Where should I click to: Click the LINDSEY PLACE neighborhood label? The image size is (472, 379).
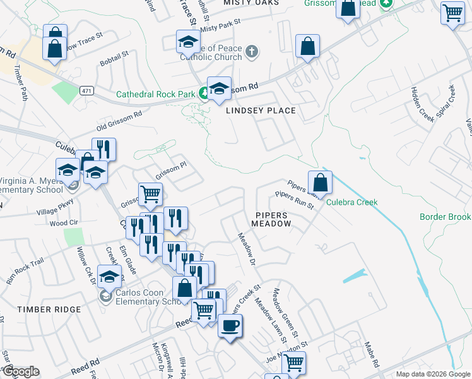click(x=261, y=111)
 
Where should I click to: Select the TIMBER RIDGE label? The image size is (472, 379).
click(x=50, y=309)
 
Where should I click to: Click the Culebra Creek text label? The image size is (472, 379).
click(x=352, y=202)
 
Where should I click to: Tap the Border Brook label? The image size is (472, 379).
click(x=445, y=217)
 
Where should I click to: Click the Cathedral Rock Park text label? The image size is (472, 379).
click(x=156, y=95)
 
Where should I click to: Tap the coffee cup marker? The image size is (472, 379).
click(x=230, y=326)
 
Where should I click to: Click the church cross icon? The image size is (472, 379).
click(x=252, y=51)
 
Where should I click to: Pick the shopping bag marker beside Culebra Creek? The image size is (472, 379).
click(x=321, y=183)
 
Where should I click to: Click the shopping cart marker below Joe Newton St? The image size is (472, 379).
click(x=293, y=363)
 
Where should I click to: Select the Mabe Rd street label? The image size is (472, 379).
click(x=372, y=354)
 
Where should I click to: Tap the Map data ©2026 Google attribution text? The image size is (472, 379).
click(x=432, y=374)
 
